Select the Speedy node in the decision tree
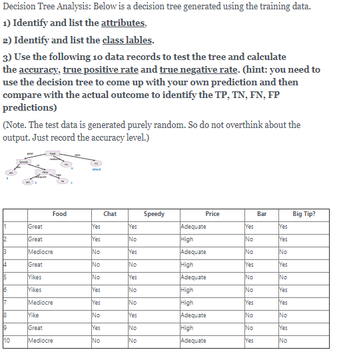coord(26,161)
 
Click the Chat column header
coord(110,214)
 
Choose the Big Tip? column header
coord(303,214)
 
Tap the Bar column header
coord(261,214)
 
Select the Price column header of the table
coord(212,214)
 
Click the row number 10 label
coord(7,341)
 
